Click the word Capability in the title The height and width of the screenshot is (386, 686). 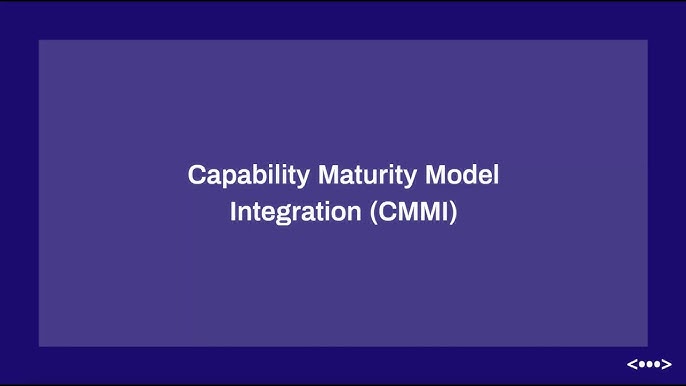249,175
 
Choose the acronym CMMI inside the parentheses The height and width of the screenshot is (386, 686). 413,213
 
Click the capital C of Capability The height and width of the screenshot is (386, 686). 197,175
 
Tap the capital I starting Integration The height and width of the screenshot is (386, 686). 234,213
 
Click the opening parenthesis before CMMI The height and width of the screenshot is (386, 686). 372,213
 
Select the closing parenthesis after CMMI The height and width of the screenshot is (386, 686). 453,213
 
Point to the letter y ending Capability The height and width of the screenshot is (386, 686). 305,178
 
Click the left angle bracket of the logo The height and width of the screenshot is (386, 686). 631,364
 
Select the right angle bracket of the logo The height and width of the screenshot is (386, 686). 667,364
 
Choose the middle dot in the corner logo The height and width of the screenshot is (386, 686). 649,364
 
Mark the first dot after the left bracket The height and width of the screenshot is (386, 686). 641,364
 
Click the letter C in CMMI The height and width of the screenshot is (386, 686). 387,213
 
